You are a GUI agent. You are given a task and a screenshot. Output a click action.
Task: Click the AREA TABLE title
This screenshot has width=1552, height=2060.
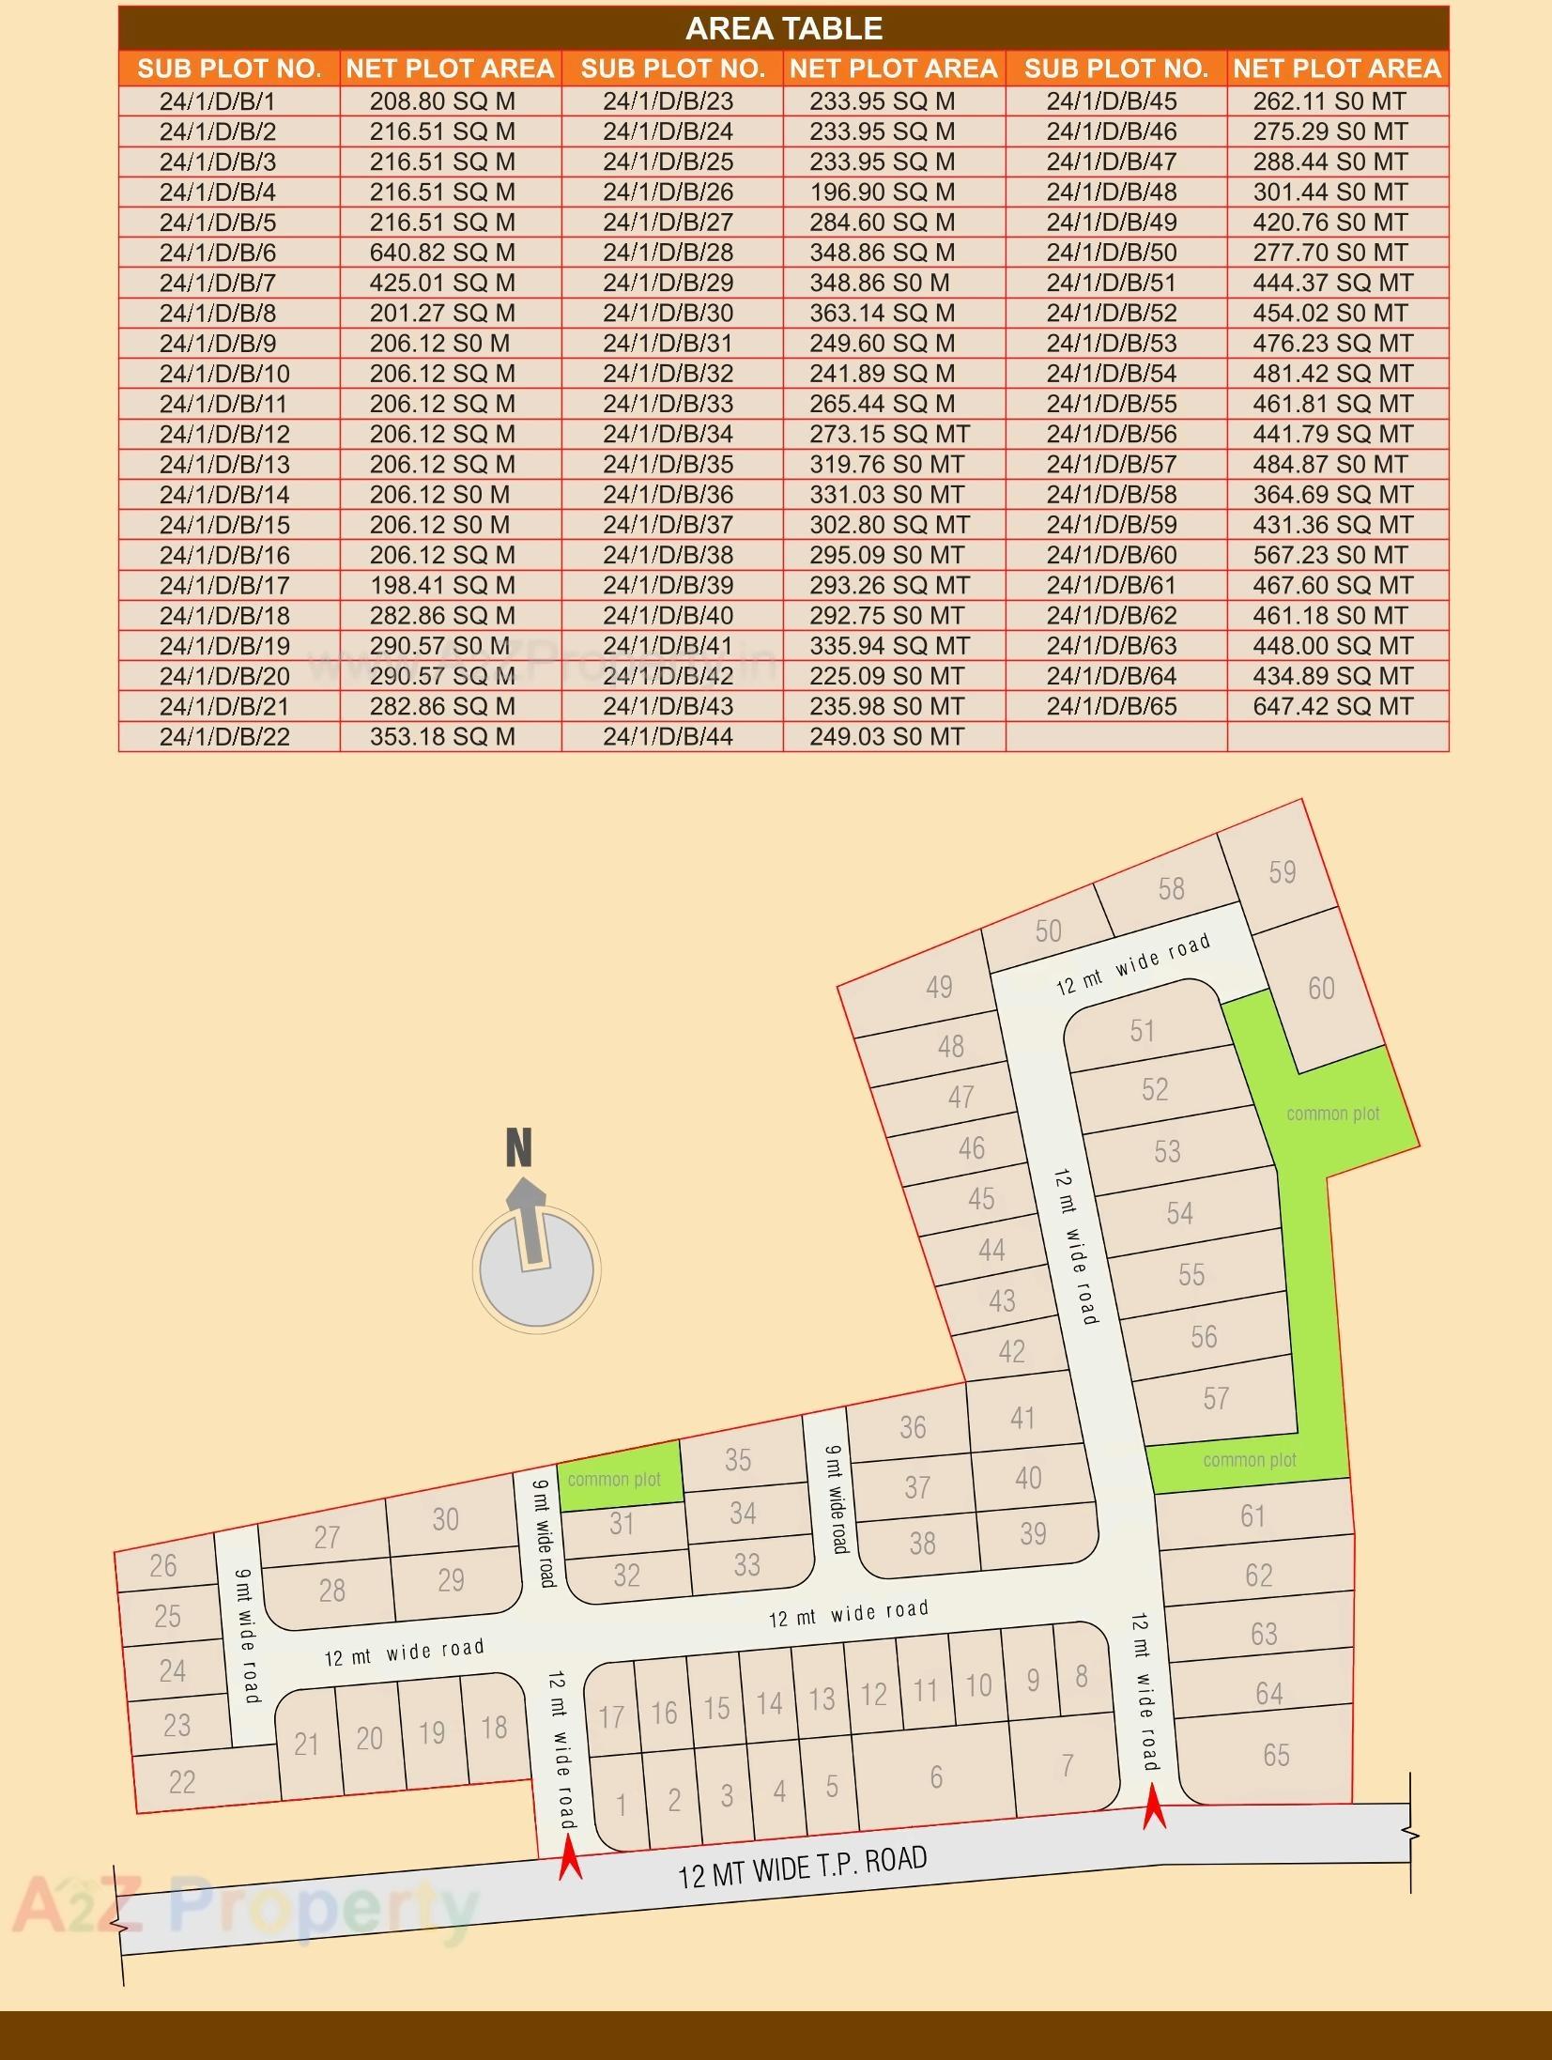pos(784,29)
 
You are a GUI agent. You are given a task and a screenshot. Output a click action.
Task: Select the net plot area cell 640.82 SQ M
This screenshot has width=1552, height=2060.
pos(442,253)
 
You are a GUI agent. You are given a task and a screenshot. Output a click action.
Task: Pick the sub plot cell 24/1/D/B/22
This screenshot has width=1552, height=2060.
pos(224,737)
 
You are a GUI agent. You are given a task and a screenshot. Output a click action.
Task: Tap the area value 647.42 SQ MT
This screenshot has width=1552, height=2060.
pos(1332,707)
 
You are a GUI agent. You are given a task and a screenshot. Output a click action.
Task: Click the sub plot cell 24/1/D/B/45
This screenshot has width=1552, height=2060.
pos(1112,101)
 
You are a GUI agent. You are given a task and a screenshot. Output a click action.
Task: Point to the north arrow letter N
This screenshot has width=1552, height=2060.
pos(519,1147)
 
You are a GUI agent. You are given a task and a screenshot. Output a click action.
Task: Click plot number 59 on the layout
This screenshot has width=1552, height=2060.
pos(1282,872)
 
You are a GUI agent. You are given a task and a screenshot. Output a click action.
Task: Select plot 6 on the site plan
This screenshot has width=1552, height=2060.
pos(936,1776)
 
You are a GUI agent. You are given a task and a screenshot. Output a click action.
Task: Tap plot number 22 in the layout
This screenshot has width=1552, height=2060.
pos(182,1782)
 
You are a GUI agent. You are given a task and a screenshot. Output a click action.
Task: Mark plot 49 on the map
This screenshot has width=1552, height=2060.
pos(939,987)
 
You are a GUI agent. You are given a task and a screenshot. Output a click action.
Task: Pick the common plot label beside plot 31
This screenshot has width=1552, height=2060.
pos(614,1480)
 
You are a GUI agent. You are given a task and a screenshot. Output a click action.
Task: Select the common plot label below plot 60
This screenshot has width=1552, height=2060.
pos(1332,1114)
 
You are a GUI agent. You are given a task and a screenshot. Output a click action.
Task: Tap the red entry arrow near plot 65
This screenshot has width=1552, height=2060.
pos(1154,1809)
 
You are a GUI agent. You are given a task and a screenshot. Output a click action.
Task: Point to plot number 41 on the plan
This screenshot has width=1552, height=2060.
pos(1022,1418)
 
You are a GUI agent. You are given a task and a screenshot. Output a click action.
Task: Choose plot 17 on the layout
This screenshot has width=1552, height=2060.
pos(611,1717)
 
